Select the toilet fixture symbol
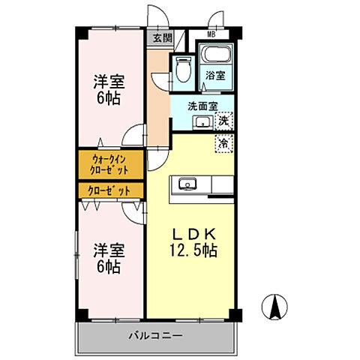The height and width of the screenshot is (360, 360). point(181,70)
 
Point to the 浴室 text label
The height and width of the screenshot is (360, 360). point(217,75)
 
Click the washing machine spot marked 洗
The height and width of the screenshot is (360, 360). point(224,120)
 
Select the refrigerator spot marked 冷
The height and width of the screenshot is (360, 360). point(223,142)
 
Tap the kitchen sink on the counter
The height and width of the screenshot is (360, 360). point(187,184)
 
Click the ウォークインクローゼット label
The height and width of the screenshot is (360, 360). point(112,163)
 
